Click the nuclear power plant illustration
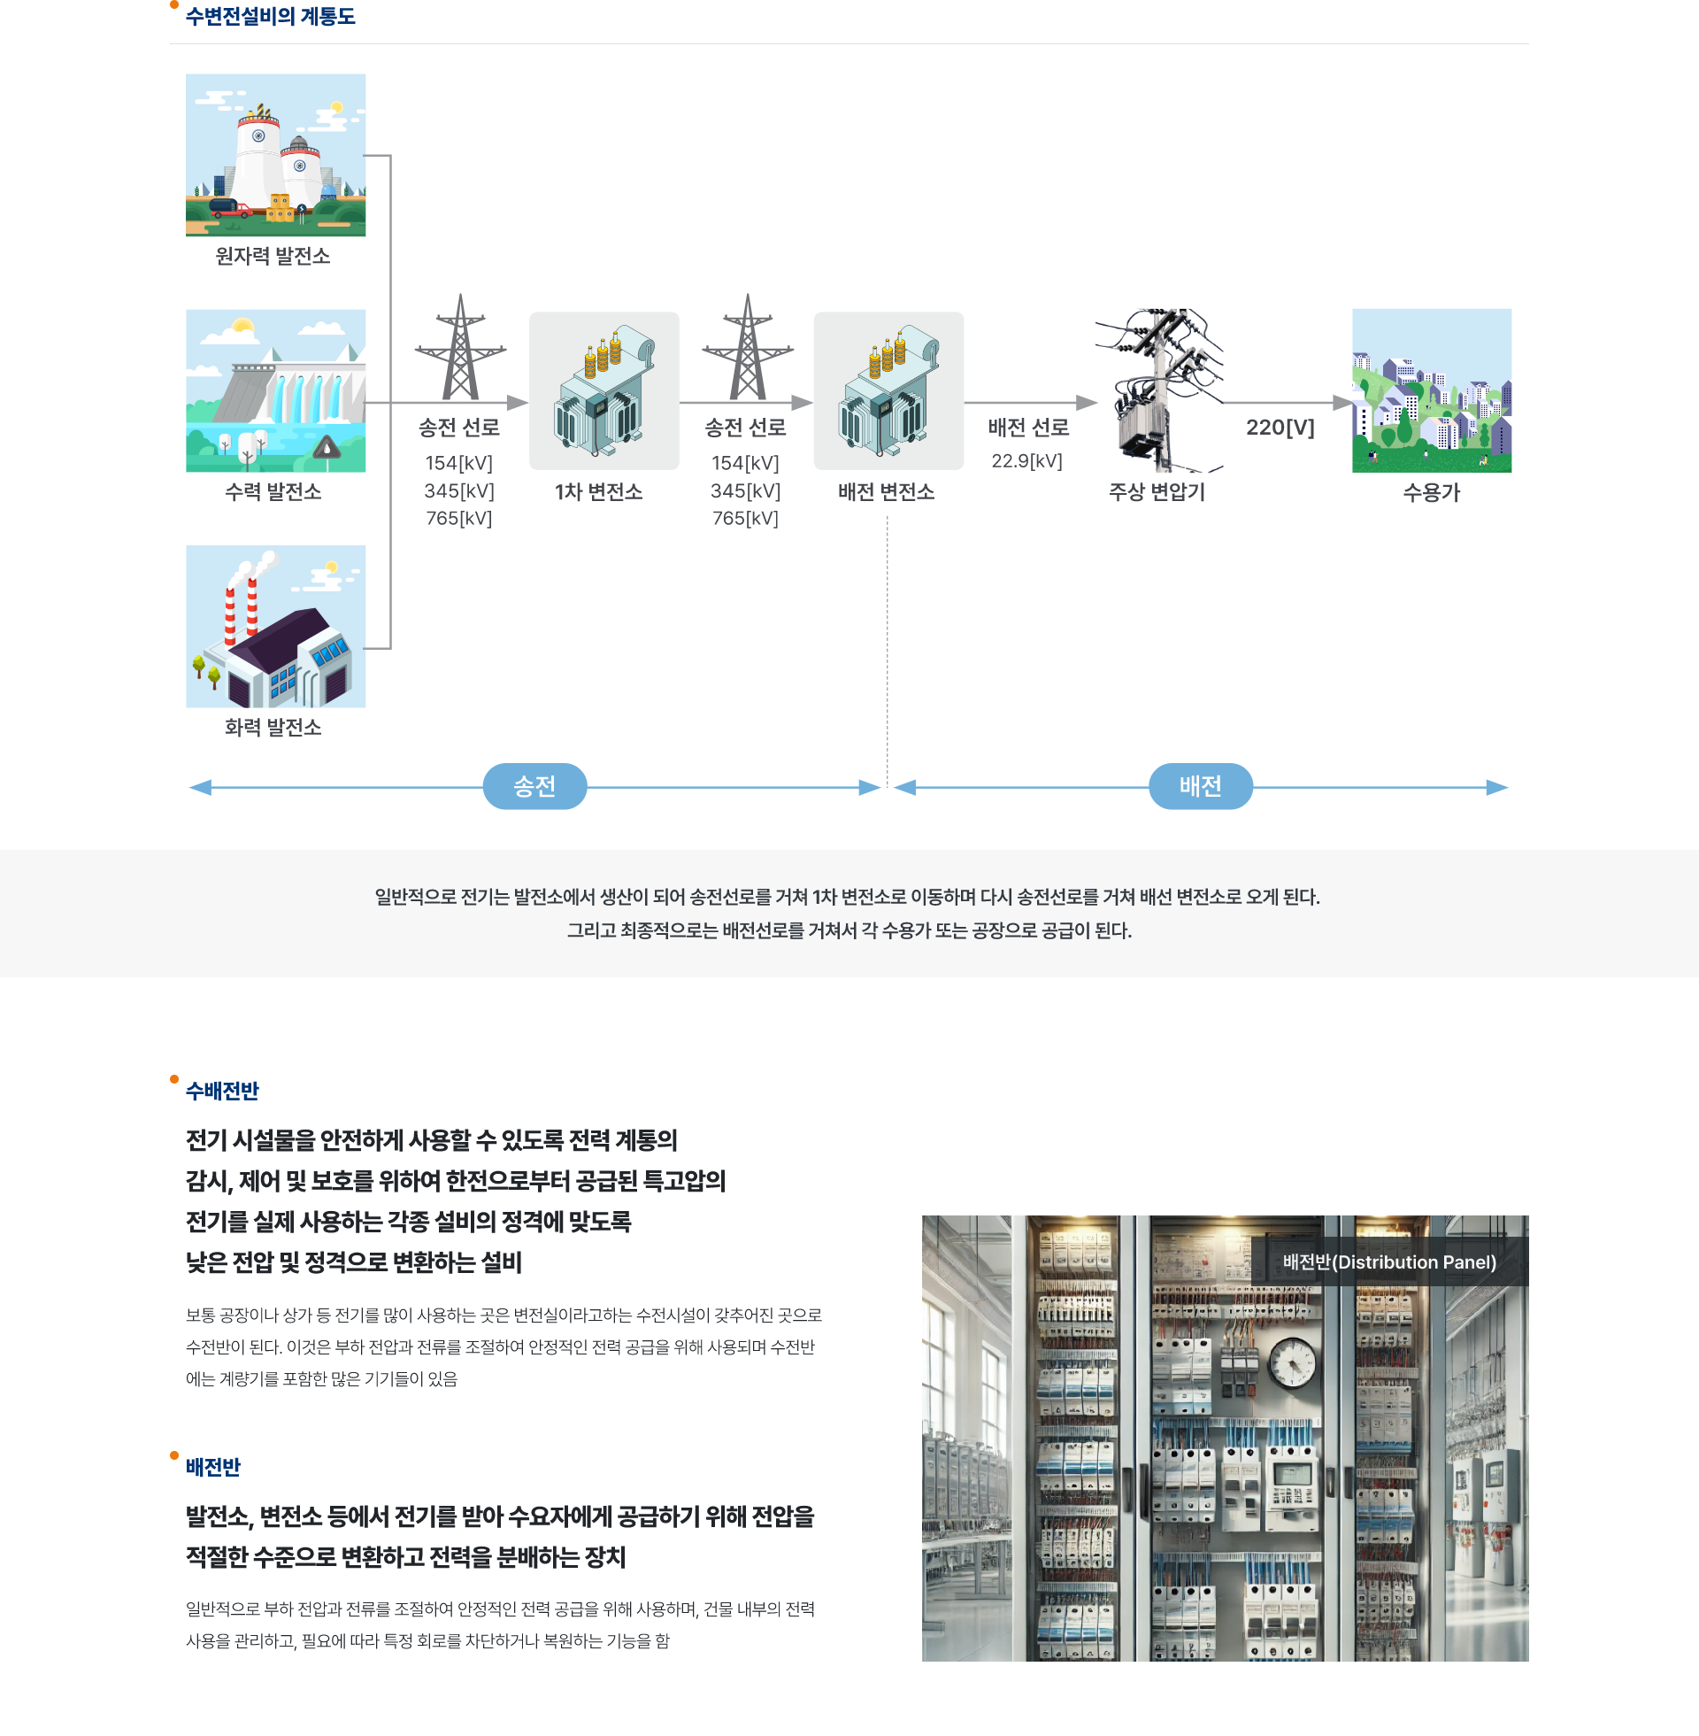276,155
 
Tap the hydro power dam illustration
276,391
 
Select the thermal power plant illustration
276,626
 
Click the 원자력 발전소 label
273,256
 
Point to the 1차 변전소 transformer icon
604,391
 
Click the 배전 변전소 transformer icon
888,391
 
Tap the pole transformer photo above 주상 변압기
1158,391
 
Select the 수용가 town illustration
1431,391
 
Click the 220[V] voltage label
1280,428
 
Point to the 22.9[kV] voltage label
1026,461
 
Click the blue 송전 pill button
534,786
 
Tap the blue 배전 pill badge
1200,786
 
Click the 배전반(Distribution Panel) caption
1389,1262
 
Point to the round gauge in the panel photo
1292,1363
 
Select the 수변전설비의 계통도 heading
271,17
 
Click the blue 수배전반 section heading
222,1091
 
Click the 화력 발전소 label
273,728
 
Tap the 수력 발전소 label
273,492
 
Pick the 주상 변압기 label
1157,492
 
